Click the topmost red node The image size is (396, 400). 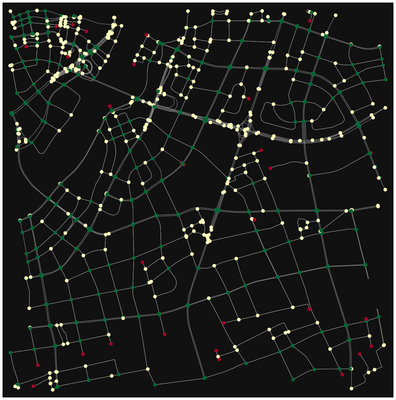(x=310, y=21)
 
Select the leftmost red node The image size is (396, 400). (x=26, y=47)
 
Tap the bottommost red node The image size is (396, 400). (x=33, y=386)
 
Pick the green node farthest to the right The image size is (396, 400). (x=386, y=80)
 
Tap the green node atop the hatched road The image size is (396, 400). (x=97, y=47)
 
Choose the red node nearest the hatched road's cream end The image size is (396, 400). (x=86, y=31)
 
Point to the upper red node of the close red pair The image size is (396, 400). (x=216, y=351)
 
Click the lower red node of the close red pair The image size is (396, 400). (x=219, y=359)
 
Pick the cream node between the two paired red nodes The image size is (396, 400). (x=218, y=356)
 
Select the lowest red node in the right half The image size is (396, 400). (x=342, y=375)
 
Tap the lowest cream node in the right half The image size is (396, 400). (x=351, y=388)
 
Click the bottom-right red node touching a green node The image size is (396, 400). (x=366, y=319)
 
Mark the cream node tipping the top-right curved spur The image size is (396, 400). (x=336, y=15)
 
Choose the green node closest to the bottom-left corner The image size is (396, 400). (x=17, y=384)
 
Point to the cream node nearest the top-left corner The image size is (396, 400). (x=10, y=11)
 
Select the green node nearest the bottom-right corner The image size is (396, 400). (x=350, y=368)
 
